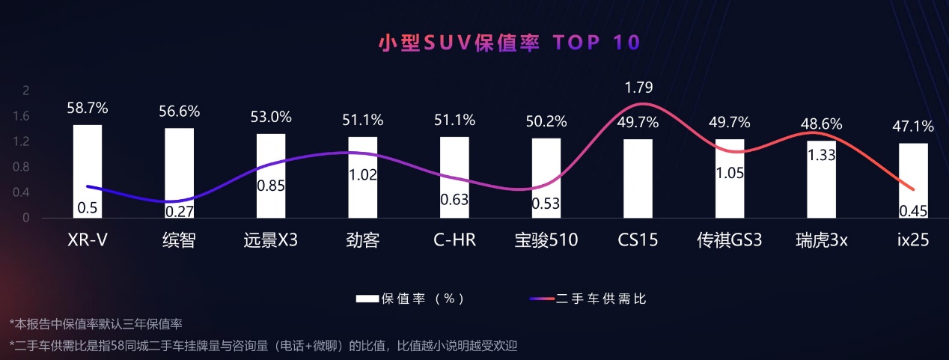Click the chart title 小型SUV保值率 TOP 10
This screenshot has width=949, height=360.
coord(509,42)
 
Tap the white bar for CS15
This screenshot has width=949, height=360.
coord(638,178)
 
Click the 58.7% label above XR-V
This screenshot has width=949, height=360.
coord(88,109)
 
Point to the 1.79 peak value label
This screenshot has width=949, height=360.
coord(638,88)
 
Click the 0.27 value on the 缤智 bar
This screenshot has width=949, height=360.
coord(179,211)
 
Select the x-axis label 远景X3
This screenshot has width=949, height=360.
coord(271,241)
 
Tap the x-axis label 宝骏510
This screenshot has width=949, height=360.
coord(546,241)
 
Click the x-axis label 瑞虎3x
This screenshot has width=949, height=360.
coord(821,241)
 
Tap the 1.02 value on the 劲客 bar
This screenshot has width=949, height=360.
coord(362,175)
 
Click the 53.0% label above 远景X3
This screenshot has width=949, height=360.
coord(271,118)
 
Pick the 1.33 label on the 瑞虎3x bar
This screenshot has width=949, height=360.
coord(821,156)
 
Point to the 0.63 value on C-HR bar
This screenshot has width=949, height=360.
coord(454,199)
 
